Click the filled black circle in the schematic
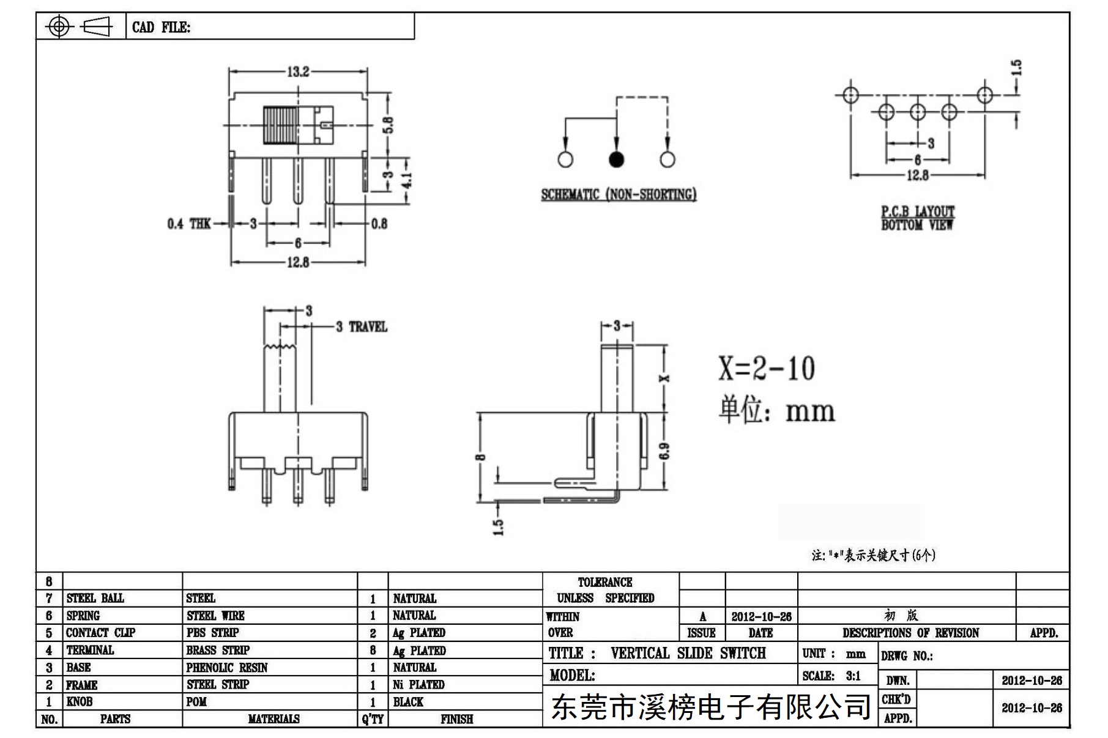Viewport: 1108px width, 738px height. (616, 160)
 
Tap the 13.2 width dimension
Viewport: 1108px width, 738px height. (298, 72)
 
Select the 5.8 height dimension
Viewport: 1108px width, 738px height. (389, 125)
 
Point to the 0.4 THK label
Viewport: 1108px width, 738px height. (188, 224)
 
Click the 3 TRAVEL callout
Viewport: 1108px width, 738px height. (362, 327)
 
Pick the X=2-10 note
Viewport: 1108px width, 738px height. (766, 368)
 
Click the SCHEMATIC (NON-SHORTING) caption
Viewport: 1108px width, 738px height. (619, 194)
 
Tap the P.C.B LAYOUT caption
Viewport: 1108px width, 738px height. (917, 212)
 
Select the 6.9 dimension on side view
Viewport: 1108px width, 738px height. (665, 451)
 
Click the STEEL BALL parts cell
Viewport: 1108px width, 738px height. (95, 598)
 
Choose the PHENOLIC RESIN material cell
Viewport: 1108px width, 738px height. (227, 668)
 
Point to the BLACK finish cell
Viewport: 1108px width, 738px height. (408, 702)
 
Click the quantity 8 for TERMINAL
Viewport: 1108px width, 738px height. (373, 651)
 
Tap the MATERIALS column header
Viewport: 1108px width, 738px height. (273, 719)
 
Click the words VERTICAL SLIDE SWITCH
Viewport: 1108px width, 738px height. (688, 653)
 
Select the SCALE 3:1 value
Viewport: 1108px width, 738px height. (853, 676)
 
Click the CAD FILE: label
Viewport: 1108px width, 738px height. (161, 28)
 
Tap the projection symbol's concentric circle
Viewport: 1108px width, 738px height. (59, 26)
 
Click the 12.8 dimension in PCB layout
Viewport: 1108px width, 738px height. (917, 175)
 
